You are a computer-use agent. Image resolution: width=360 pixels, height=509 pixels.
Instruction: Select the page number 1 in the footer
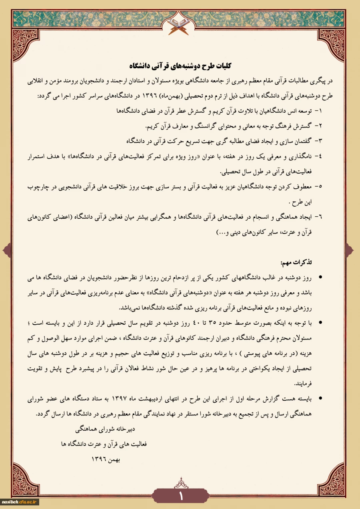(x=180, y=496)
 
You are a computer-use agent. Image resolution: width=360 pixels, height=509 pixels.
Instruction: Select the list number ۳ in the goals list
(x=320, y=141)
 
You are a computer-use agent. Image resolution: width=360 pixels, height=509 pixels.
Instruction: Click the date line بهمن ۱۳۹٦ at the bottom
(x=106, y=459)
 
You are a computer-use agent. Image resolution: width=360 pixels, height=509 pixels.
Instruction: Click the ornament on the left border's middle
(x=7, y=251)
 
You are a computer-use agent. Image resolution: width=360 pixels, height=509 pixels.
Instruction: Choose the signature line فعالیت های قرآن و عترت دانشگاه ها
(x=104, y=444)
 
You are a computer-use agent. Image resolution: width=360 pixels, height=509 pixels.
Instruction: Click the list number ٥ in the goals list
(x=320, y=187)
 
